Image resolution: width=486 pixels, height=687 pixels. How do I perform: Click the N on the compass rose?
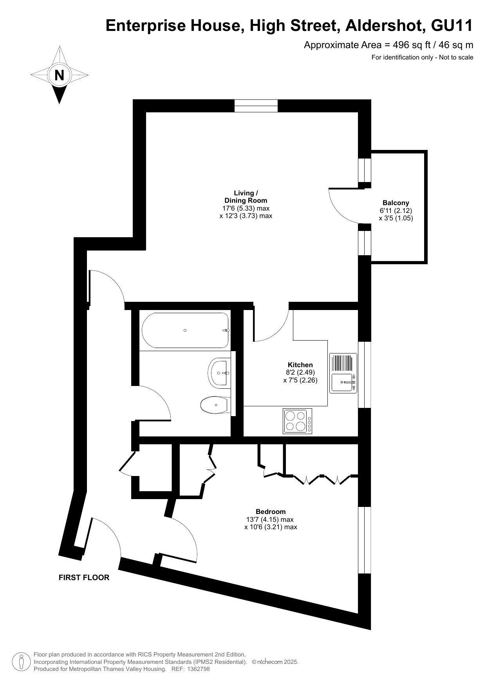coord(59,75)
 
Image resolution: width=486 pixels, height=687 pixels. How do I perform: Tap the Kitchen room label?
coord(300,365)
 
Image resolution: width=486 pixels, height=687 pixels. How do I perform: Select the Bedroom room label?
coord(271,512)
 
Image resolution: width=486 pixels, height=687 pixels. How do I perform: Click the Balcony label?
coord(396,203)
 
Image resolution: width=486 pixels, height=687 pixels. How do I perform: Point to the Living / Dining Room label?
coord(246,197)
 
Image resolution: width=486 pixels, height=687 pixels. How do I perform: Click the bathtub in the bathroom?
coord(185,330)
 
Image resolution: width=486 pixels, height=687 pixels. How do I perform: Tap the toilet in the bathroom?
coord(215,405)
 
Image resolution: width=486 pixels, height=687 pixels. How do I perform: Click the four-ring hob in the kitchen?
coord(298,421)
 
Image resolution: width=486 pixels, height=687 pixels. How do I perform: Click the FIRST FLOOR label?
coord(84,577)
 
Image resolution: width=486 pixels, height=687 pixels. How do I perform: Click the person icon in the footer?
coord(22,661)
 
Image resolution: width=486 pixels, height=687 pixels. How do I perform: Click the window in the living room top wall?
coord(256,106)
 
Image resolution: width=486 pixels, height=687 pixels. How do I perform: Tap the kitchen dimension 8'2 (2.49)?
coord(300,373)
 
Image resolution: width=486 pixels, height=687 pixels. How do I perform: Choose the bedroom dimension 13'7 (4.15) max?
coord(270,519)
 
